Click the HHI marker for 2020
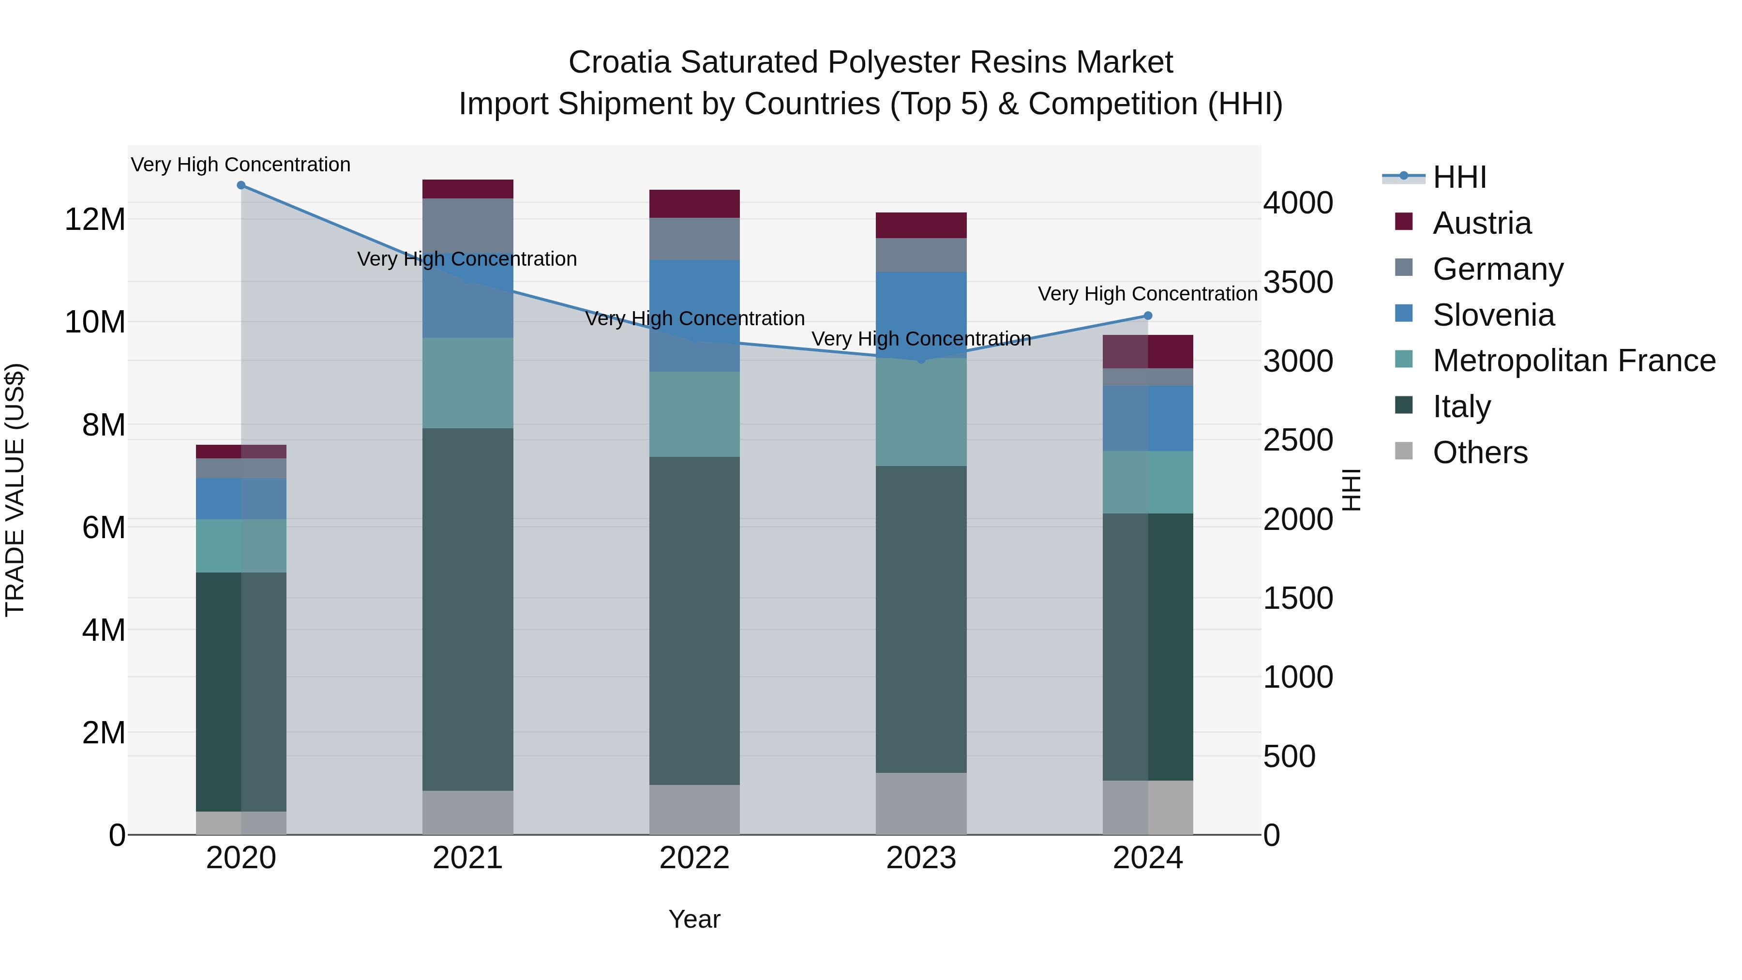point(241,185)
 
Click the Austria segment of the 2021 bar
point(468,189)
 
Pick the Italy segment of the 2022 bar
point(694,620)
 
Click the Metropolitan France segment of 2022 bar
point(694,414)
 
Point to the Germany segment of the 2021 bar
point(468,223)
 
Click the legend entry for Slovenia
point(1493,315)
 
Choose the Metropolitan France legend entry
point(1574,361)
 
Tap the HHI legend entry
point(1459,177)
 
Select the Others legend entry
point(1480,452)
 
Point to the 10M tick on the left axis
point(95,322)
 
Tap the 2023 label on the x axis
point(921,858)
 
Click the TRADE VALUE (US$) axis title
point(15,490)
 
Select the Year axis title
point(694,919)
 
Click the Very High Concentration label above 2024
point(1148,294)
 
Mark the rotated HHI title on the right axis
point(1351,490)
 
